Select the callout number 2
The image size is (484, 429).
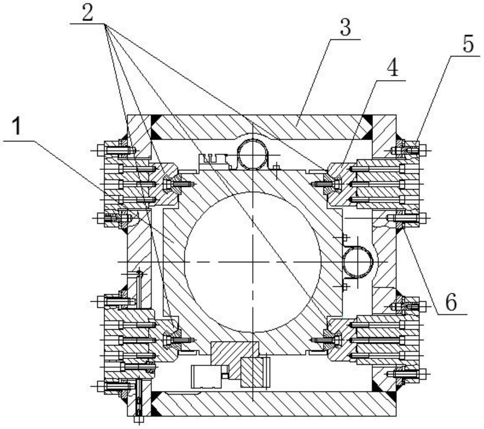(87, 12)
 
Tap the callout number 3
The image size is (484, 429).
(345, 27)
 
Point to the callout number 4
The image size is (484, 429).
(392, 67)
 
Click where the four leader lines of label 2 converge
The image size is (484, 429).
(105, 24)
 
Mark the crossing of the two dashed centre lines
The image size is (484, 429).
(253, 262)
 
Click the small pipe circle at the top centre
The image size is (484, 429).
(253, 154)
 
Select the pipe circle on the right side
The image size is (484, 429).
(358, 262)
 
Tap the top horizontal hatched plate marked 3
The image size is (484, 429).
(262, 127)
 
